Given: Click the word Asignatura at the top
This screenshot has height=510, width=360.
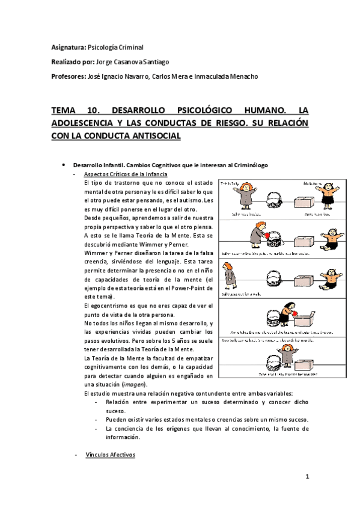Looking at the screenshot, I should point(68,47).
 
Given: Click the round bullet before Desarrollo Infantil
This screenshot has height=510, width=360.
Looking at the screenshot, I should point(64,165).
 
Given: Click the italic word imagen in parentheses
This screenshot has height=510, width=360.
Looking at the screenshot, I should point(133,384).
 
